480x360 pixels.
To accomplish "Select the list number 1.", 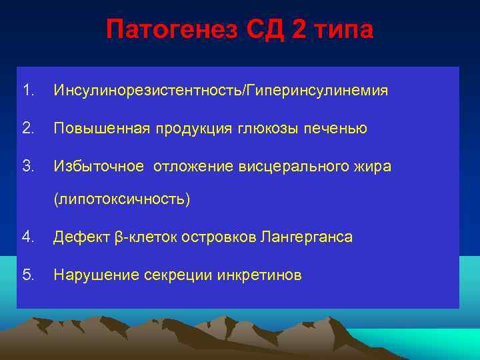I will pos(27,90).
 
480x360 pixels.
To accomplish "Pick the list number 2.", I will pos(27,128).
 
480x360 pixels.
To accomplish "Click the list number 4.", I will pos(27,237).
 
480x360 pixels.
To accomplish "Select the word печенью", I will pos(334,128).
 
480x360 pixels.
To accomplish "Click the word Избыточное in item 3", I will pos(99,166).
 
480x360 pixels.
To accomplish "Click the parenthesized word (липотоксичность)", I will pos(122,199).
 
